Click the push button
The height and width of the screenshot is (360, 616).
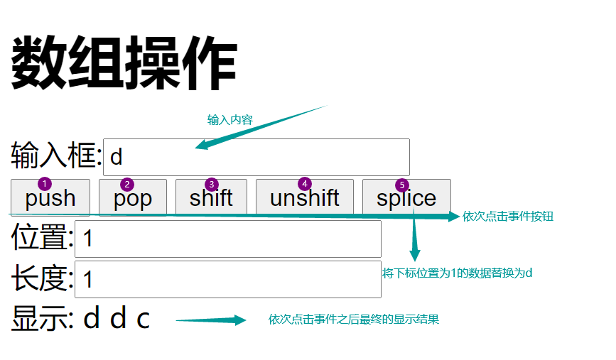(x=50, y=198)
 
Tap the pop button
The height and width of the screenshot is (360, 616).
(x=133, y=198)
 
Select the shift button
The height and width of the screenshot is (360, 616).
(x=211, y=198)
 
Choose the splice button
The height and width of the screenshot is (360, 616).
(x=406, y=198)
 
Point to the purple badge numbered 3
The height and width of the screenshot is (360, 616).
(x=211, y=185)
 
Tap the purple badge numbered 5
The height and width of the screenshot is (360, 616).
(x=402, y=185)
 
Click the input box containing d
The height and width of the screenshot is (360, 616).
(x=256, y=157)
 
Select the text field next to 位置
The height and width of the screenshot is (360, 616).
(x=228, y=239)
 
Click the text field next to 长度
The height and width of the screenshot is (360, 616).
(x=228, y=279)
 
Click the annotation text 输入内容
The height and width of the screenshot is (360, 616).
(x=229, y=119)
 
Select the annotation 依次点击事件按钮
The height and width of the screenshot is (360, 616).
(x=507, y=217)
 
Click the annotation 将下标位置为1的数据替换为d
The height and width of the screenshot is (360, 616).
(x=457, y=273)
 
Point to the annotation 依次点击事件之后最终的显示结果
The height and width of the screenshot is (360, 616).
(x=353, y=320)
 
